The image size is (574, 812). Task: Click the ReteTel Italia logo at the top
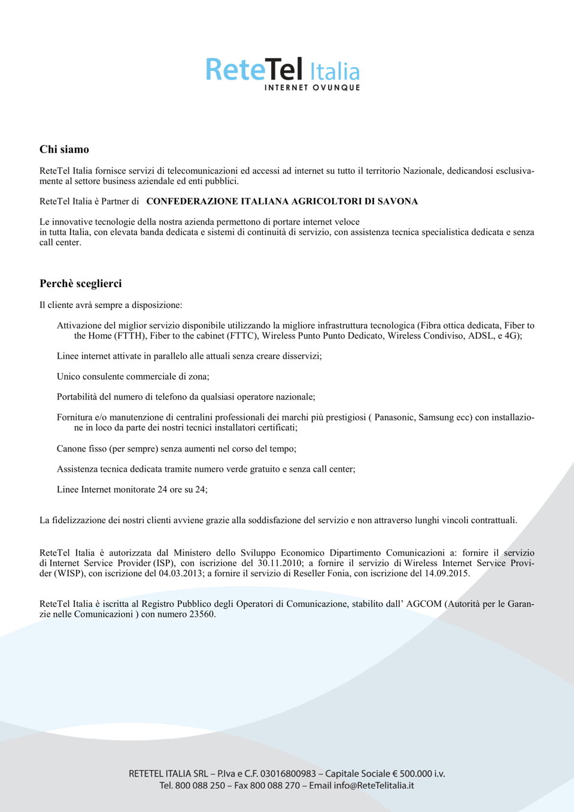[x=282, y=70]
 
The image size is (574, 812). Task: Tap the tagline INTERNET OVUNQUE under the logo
[x=312, y=87]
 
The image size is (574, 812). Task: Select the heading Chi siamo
[x=64, y=149]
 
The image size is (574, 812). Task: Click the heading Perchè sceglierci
[x=81, y=283]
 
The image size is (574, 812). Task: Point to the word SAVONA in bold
[x=397, y=202]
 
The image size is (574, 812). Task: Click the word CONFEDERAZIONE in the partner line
[x=192, y=202]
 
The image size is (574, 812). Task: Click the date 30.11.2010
[x=280, y=563]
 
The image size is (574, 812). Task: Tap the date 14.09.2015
[x=447, y=573]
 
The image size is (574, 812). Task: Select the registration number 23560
[x=202, y=614]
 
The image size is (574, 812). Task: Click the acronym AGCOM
[x=424, y=604]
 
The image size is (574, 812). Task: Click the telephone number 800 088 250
[x=200, y=786]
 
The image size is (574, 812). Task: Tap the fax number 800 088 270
[x=275, y=786]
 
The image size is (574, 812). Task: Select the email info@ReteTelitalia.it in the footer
[x=373, y=786]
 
